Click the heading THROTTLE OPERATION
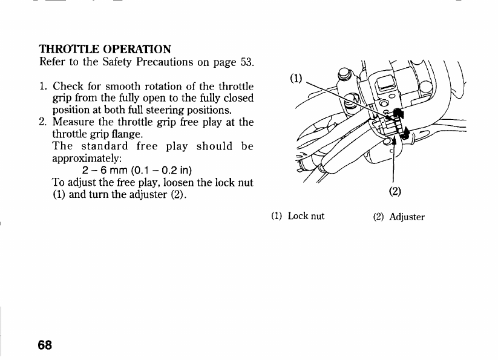click(x=105, y=48)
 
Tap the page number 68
click(x=45, y=345)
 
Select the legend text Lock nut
click(x=306, y=215)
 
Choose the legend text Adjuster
click(x=407, y=216)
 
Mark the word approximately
click(x=87, y=159)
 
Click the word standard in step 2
click(x=104, y=146)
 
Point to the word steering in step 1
click(x=171, y=110)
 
